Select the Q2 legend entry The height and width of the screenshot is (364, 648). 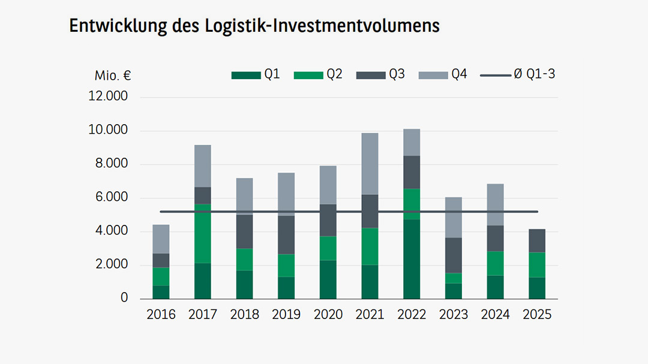(x=318, y=75)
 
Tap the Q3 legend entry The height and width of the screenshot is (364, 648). (x=380, y=75)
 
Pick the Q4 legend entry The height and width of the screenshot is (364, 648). (x=443, y=75)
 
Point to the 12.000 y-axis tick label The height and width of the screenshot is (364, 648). (x=108, y=97)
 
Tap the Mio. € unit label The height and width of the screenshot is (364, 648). (x=113, y=76)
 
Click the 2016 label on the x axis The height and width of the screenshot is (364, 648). (x=161, y=315)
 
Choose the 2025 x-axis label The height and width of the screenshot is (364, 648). (x=537, y=315)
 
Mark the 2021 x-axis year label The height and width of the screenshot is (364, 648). (x=370, y=315)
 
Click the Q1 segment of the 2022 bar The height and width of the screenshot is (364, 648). (x=412, y=259)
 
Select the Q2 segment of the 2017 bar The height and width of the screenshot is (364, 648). (x=203, y=234)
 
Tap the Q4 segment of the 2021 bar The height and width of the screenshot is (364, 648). (x=370, y=164)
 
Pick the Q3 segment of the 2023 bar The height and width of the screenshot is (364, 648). (x=453, y=255)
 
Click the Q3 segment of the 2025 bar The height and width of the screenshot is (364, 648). (x=537, y=240)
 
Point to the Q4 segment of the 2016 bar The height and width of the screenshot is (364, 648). (x=161, y=239)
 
